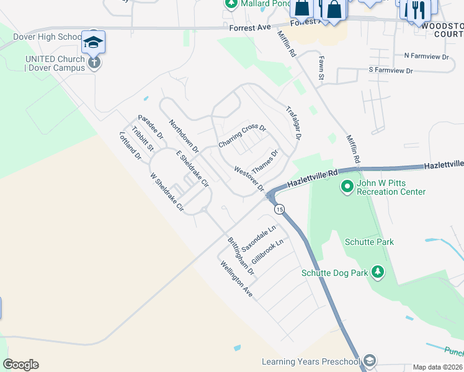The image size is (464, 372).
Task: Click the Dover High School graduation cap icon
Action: (x=93, y=42)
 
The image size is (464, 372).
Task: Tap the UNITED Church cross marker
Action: (x=94, y=63)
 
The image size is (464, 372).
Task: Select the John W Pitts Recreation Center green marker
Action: (x=347, y=185)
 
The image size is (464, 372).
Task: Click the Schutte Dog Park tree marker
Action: (x=377, y=272)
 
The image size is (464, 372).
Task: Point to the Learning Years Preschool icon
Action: (x=370, y=361)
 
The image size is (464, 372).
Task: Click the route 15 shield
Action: (x=280, y=210)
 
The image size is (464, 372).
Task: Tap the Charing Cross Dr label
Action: (x=242, y=137)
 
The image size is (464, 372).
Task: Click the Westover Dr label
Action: (x=249, y=179)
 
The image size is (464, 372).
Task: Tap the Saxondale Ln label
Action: (x=258, y=237)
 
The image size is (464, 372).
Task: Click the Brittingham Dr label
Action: (x=241, y=256)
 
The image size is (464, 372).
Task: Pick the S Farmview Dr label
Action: (x=390, y=71)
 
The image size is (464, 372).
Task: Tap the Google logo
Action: (x=20, y=365)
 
